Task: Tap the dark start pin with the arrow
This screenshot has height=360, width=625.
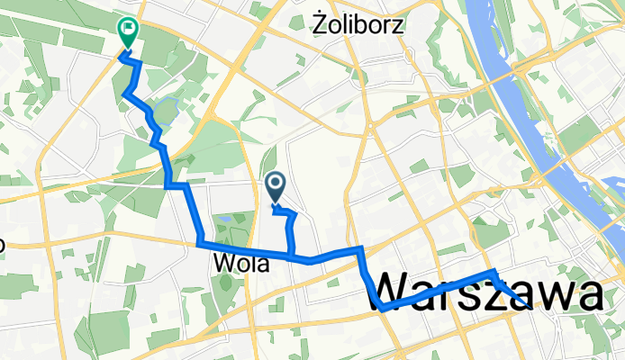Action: point(276,186)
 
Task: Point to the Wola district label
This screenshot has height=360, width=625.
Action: point(241,264)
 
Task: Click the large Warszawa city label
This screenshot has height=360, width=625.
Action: point(486,293)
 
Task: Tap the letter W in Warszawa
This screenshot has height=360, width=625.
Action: point(392,293)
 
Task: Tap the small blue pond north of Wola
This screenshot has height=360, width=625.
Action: point(222,219)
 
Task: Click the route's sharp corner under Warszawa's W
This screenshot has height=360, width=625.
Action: point(383,309)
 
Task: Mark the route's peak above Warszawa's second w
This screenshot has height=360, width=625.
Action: point(492,272)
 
